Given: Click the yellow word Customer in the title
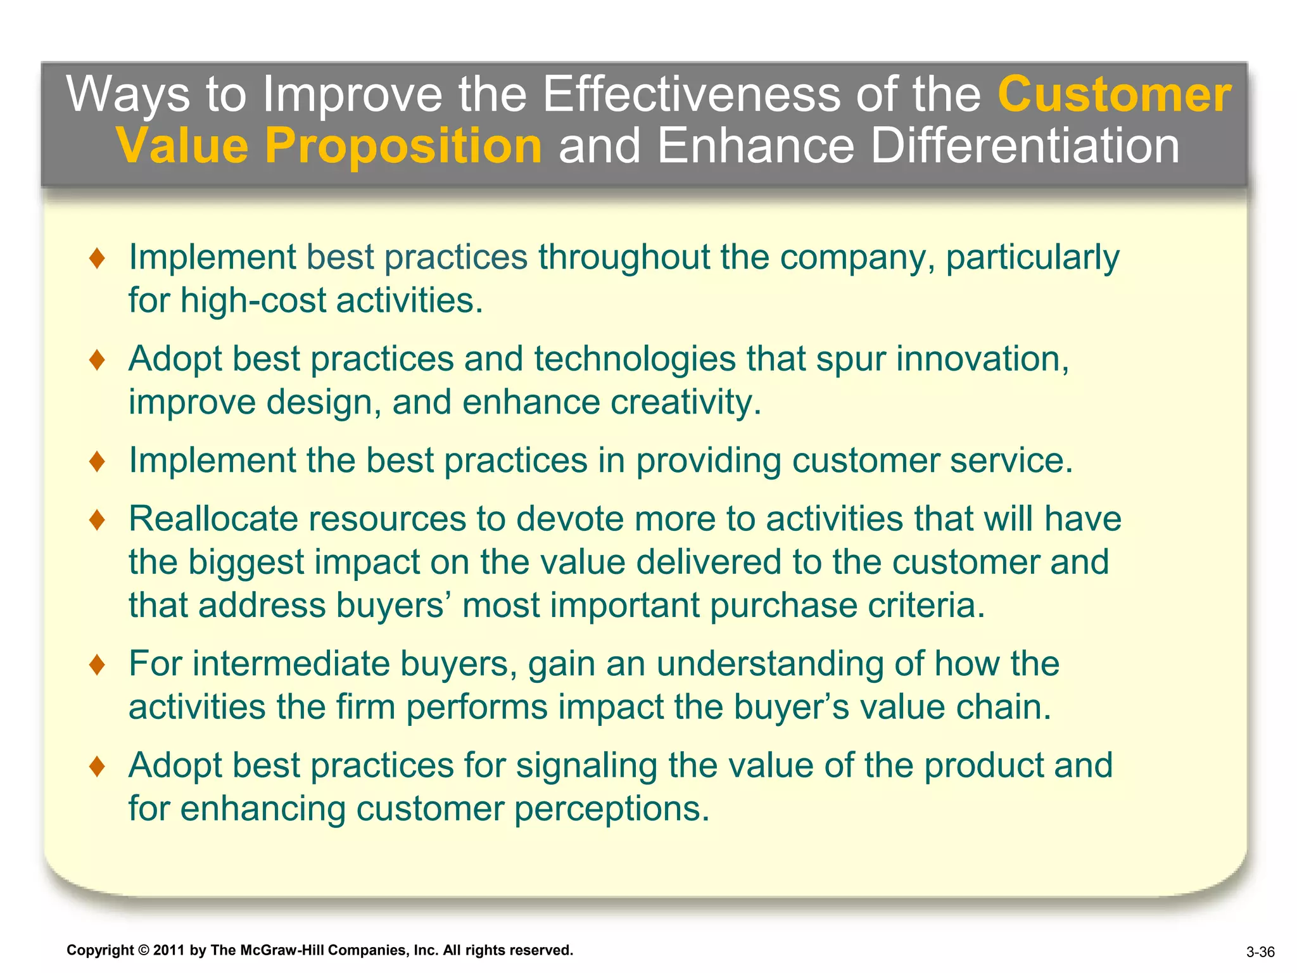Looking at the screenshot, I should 1114,94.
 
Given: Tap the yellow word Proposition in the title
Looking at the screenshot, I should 403,146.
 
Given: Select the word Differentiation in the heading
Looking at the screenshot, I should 1025,146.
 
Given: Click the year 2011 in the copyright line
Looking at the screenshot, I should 168,950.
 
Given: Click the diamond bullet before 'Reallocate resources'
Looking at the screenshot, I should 97,520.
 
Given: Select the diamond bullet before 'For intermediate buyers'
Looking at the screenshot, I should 97,665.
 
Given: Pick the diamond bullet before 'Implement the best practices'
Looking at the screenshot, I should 97,461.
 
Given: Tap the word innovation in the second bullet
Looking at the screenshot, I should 982,359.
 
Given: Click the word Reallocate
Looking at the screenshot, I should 213,519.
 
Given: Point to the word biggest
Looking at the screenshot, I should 246,563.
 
